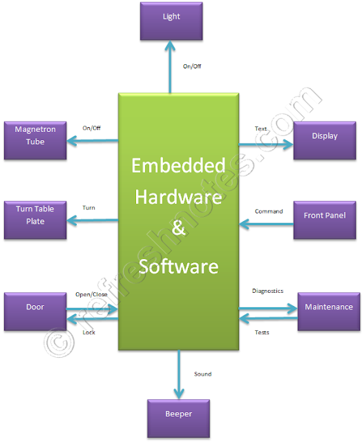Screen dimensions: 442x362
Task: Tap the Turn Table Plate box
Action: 35,214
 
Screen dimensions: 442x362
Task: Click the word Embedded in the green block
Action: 178,166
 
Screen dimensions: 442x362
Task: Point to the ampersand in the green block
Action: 178,231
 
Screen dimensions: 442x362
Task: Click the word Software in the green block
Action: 178,265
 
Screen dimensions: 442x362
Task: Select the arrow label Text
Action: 261,128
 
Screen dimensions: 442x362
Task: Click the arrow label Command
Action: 269,211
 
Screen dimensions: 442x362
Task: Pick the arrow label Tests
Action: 262,333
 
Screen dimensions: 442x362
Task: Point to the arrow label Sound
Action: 202,374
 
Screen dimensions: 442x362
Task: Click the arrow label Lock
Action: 88,332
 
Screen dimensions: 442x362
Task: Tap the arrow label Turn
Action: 88,207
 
